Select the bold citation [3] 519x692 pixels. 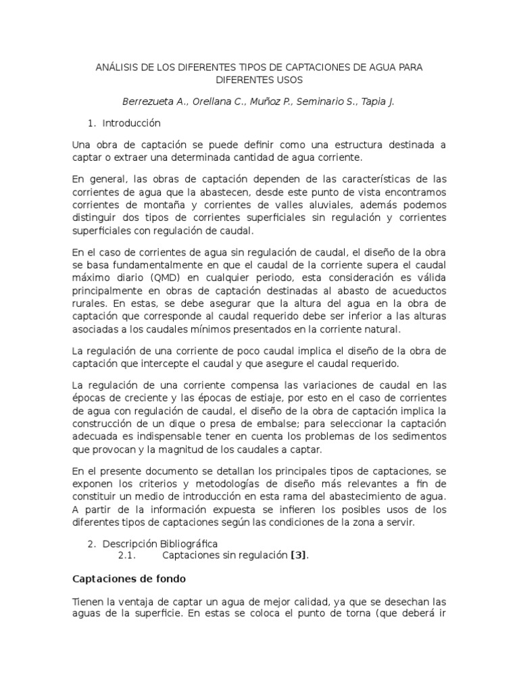[x=298, y=555]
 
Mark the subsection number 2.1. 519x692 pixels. [x=127, y=555]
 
